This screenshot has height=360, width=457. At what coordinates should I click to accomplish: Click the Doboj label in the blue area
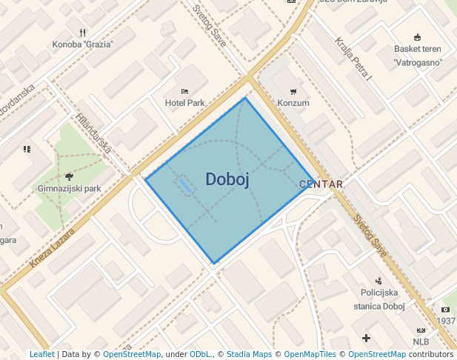[227, 179]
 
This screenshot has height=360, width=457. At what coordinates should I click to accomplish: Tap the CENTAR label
[321, 184]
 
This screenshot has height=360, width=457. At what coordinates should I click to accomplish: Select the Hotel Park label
[184, 103]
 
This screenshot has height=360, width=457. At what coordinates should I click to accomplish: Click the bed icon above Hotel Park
[184, 90]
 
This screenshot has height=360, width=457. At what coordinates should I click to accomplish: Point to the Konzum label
[293, 103]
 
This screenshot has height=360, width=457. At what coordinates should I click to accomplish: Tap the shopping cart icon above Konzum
[293, 91]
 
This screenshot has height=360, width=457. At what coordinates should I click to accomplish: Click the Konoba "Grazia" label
[82, 44]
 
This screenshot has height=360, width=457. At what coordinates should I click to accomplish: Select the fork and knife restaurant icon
[82, 33]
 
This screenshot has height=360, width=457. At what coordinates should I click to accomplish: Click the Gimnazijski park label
[69, 188]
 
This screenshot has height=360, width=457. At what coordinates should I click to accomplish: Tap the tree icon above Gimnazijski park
[69, 176]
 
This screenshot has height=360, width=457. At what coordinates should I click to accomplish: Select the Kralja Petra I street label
[353, 59]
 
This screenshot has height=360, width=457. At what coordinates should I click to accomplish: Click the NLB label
[421, 341]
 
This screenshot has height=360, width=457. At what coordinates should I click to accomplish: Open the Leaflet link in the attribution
[41, 354]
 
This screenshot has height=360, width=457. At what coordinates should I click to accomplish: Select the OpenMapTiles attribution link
[310, 354]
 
